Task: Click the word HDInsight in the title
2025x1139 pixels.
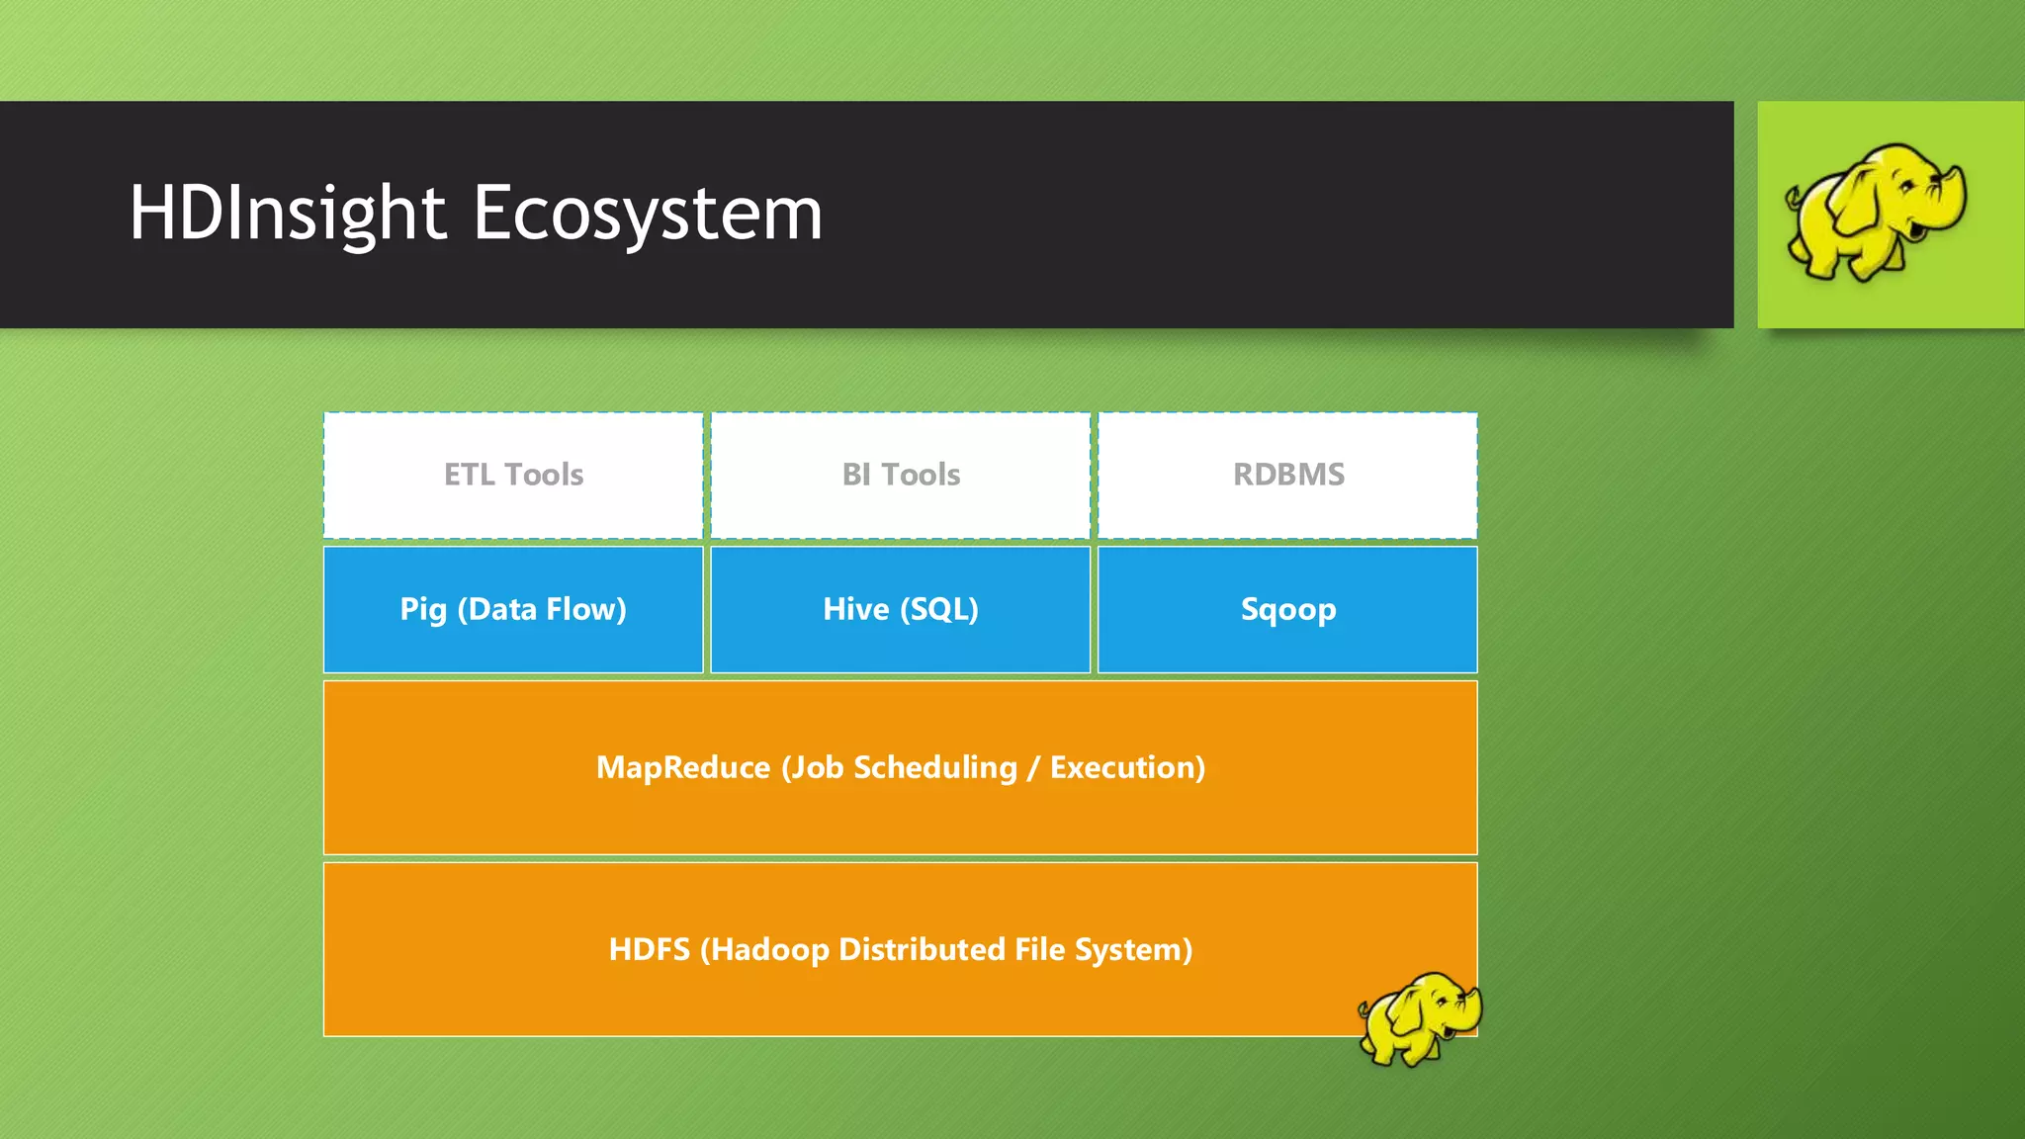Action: coord(287,213)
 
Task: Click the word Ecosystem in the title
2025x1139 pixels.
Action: coord(648,213)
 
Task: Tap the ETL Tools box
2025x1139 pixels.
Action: coord(513,476)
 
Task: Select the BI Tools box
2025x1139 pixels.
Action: coord(901,476)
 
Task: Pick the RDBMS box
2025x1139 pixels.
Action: coord(1287,476)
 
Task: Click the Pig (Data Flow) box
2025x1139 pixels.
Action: coord(513,610)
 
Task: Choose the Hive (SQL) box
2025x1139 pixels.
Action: coord(901,610)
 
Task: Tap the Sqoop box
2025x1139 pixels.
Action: coord(1287,610)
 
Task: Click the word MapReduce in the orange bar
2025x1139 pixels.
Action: coord(682,768)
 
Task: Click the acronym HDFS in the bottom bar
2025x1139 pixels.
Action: coord(649,950)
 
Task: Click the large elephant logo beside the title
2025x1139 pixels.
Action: coord(1874,213)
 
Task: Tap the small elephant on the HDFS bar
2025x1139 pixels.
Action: coord(1419,1018)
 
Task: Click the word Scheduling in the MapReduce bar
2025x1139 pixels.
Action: coord(935,768)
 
